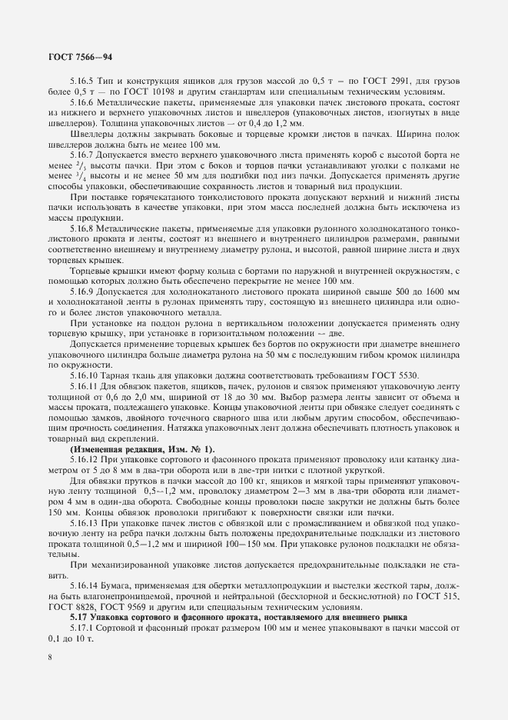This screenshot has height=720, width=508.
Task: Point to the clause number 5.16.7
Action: [x=83, y=155]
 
